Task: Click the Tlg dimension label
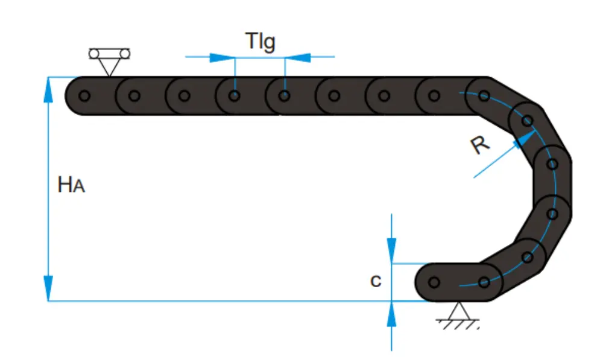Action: click(260, 42)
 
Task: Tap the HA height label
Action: click(71, 185)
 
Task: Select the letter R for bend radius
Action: click(480, 145)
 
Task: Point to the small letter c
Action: click(376, 281)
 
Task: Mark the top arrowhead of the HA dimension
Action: click(48, 87)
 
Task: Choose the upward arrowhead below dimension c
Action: click(392, 313)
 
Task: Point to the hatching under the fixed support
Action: click(459, 325)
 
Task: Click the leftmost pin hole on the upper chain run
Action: click(84, 95)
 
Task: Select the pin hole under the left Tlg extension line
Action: click(235, 95)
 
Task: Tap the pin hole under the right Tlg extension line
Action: click(285, 95)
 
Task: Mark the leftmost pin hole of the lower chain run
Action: click(434, 282)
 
